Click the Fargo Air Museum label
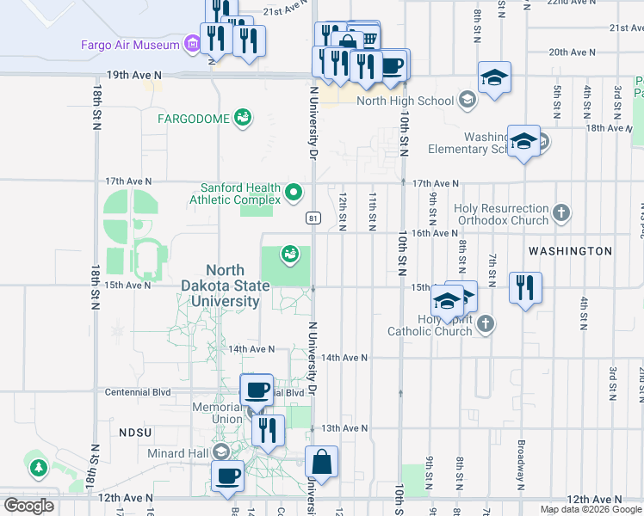tap(129, 45)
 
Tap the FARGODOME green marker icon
tap(243, 117)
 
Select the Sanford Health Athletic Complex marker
tap(294, 192)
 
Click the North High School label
tap(393, 101)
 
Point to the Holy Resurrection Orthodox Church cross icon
tap(561, 212)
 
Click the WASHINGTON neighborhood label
tap(570, 251)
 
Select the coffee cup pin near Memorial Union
tap(257, 391)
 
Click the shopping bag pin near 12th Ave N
tap(321, 461)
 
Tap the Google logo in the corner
tap(28, 506)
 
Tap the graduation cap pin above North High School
tap(494, 78)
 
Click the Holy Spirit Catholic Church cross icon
tap(486, 324)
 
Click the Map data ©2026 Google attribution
tap(591, 509)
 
